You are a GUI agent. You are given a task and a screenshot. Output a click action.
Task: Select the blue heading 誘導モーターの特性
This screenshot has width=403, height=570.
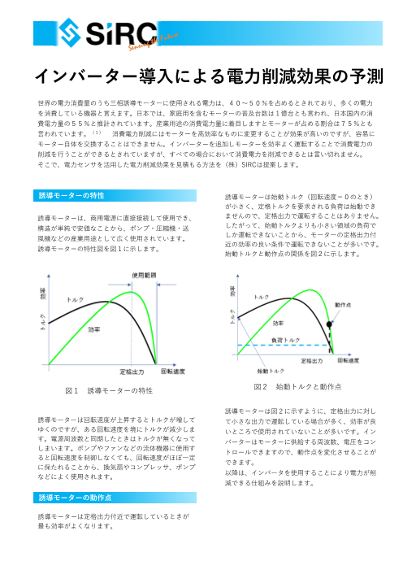click(71, 196)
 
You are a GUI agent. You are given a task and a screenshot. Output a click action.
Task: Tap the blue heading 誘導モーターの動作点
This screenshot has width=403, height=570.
click(75, 497)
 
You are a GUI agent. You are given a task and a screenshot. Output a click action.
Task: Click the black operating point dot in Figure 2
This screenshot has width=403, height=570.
click(329, 324)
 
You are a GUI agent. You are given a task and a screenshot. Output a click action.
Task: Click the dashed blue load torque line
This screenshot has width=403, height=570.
click(276, 346)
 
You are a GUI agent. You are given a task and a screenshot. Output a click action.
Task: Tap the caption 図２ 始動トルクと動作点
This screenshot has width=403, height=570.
click(297, 385)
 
